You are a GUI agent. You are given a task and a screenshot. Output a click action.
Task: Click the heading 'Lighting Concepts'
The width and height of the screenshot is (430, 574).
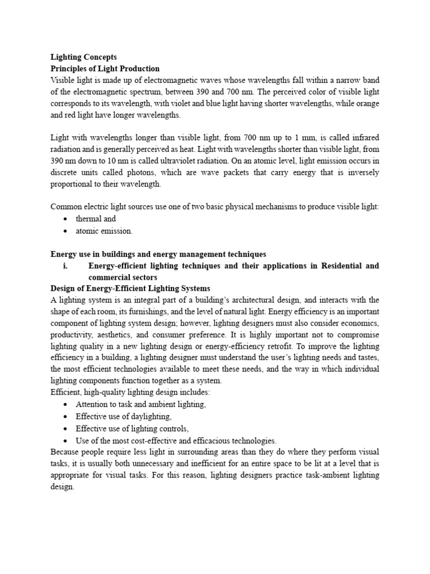click(83, 57)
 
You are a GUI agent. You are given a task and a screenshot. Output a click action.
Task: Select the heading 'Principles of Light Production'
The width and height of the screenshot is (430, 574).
click(105, 68)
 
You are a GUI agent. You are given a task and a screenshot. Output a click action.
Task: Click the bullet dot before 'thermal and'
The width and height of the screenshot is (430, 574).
click(66, 219)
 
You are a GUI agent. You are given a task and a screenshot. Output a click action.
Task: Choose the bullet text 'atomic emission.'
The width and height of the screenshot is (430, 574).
click(104, 230)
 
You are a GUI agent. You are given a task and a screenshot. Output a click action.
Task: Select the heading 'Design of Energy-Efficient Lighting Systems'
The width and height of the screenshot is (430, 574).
click(130, 288)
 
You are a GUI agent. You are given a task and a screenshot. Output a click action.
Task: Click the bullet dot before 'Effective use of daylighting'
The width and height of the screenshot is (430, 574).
click(66, 417)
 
